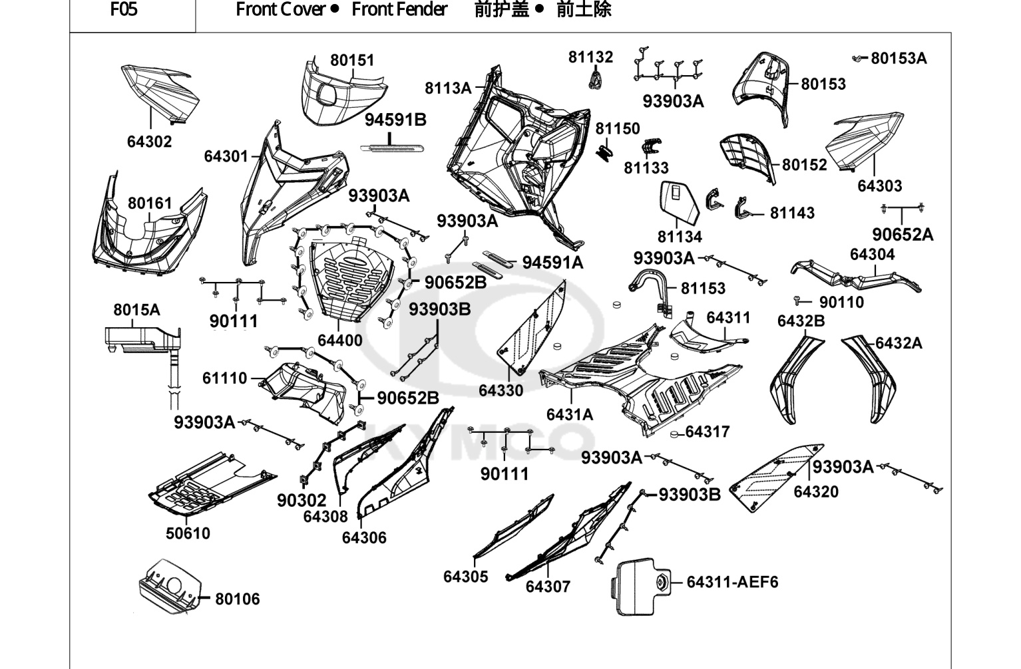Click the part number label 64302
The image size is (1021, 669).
(x=150, y=142)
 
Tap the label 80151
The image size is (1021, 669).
(x=352, y=60)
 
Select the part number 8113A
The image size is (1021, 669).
(x=448, y=88)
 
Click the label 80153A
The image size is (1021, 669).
(x=899, y=59)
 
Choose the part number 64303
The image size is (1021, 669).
(x=880, y=186)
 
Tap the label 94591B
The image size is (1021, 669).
(x=395, y=120)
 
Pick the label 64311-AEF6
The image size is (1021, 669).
(x=733, y=582)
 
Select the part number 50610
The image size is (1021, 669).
(x=188, y=533)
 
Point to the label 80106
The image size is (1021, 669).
(x=238, y=599)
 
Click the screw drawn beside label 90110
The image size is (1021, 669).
(x=797, y=301)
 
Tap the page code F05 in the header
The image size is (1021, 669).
(x=124, y=9)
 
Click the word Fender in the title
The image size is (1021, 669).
(x=422, y=9)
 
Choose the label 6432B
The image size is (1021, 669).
(x=801, y=321)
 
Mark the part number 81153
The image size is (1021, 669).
(x=703, y=288)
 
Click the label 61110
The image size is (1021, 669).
(x=224, y=378)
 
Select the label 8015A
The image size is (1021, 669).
(x=136, y=310)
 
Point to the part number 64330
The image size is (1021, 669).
(x=501, y=391)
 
